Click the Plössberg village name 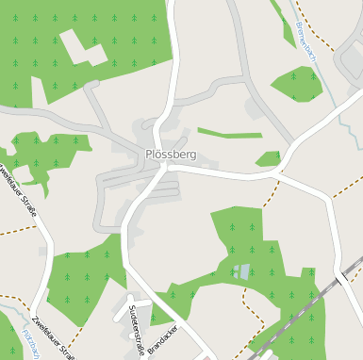click(171, 154)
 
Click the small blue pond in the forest click(243, 271)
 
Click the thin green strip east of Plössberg click(229, 133)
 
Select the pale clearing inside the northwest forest click(82, 48)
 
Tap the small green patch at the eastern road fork click(269, 159)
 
